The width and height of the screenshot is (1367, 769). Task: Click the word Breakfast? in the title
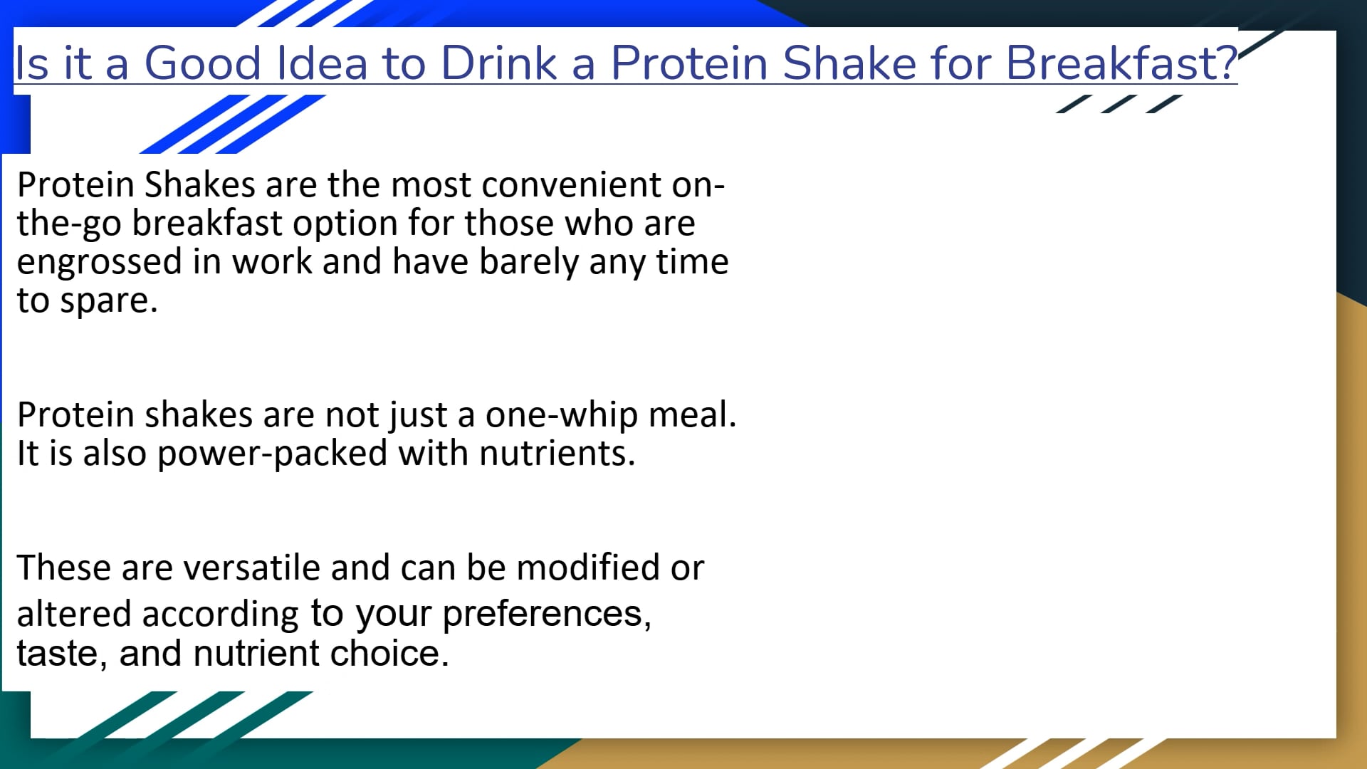1121,63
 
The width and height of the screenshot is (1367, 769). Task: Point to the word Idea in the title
322,63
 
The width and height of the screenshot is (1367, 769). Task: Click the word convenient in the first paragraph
572,185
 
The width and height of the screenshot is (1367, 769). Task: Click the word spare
108,301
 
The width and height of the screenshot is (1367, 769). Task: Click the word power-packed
272,454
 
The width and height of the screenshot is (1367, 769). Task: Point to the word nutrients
557,454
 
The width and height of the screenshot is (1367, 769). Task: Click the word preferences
546,614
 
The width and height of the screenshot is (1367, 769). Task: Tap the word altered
74,614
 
